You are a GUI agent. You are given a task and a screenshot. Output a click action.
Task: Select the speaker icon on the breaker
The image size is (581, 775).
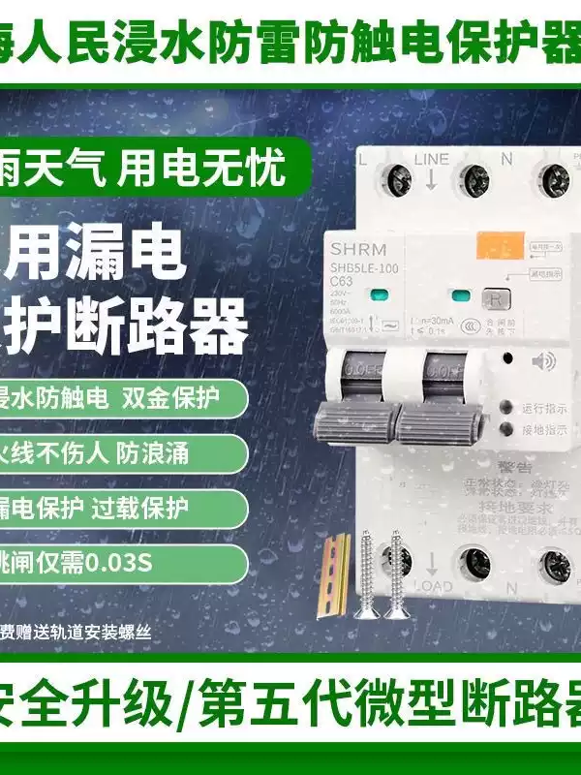point(540,362)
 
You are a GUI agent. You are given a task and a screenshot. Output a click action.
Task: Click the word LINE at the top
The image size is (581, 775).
point(432,159)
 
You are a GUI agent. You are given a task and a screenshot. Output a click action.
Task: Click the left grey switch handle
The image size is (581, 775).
point(355,419)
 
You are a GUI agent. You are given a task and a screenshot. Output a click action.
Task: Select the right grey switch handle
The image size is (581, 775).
point(439,419)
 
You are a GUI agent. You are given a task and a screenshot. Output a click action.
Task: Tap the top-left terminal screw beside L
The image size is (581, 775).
point(397,177)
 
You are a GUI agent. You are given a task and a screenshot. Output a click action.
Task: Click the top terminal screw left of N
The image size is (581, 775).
point(473,179)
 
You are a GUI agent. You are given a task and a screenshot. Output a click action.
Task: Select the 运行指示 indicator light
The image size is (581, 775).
point(505,408)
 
